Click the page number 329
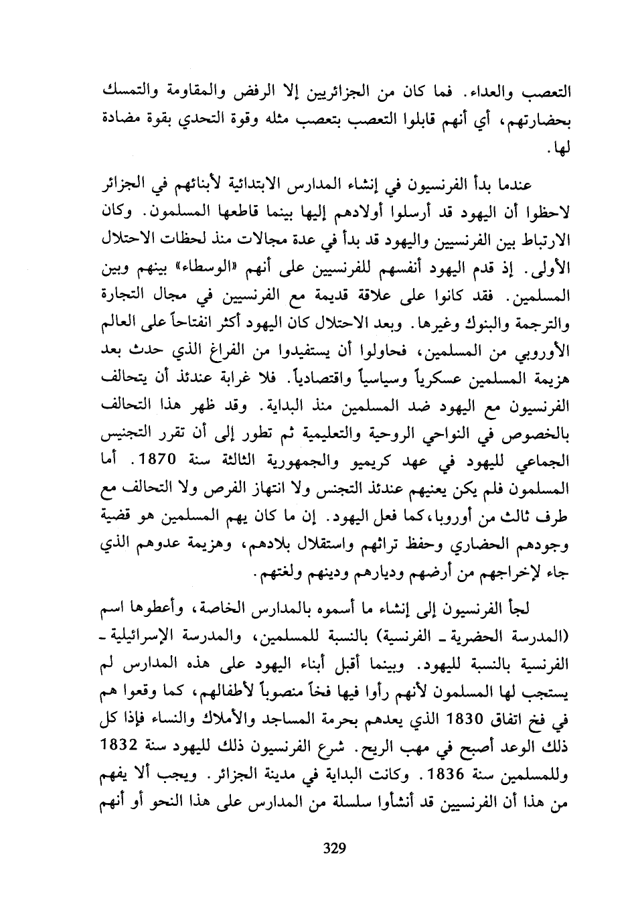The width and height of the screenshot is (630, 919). pos(333,849)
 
